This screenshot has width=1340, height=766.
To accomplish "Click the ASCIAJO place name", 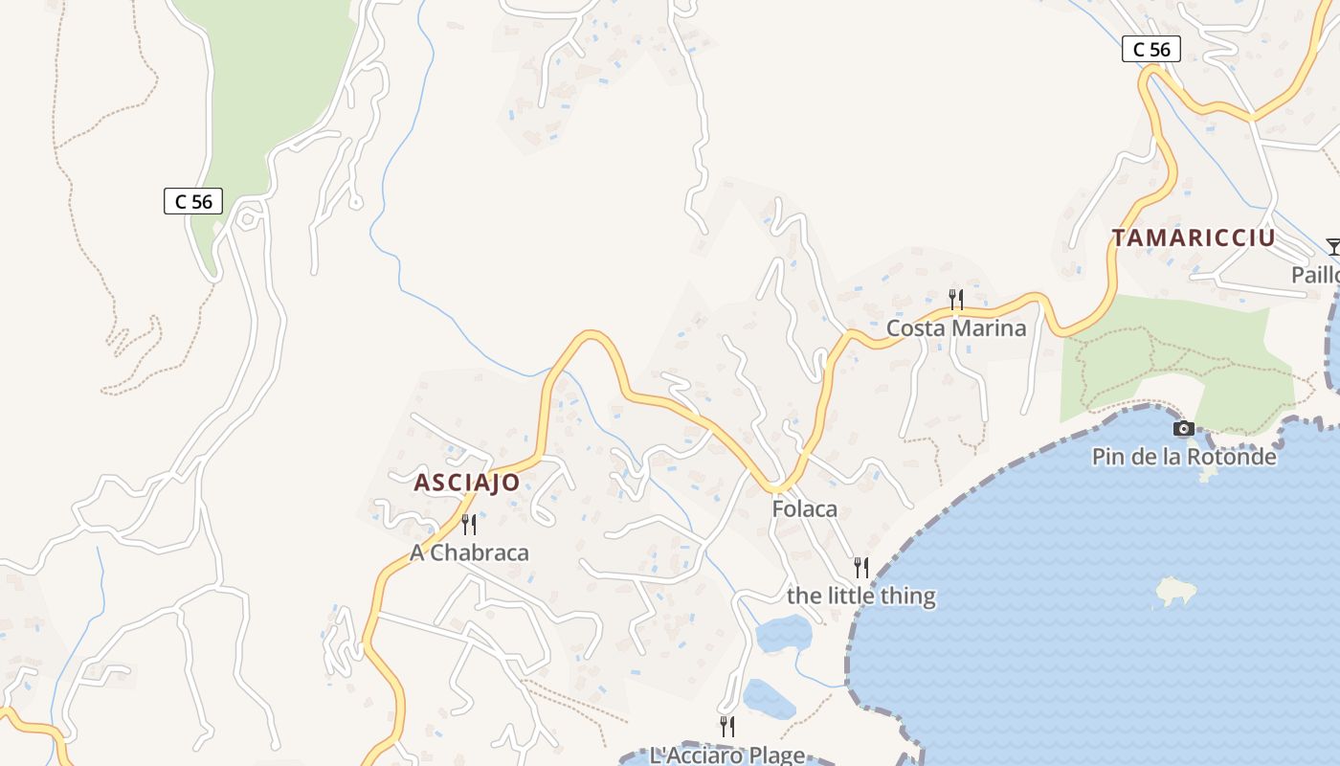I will click(x=467, y=483).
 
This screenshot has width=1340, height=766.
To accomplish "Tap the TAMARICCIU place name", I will click(x=1194, y=238).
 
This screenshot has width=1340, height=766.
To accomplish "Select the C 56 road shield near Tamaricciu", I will click(x=1150, y=49).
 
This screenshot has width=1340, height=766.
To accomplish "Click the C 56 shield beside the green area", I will click(x=193, y=201).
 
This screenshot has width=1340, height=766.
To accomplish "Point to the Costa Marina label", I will click(x=955, y=328).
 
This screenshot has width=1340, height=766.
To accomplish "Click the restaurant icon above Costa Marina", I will click(x=955, y=300).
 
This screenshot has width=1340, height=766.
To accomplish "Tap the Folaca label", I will click(x=804, y=509).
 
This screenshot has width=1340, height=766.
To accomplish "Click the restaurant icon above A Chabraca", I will click(x=469, y=524).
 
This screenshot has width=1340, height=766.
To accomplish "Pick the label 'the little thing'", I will click(x=860, y=596).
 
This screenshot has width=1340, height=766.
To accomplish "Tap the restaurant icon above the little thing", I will click(x=860, y=567).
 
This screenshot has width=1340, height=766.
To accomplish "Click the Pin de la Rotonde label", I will click(x=1184, y=457).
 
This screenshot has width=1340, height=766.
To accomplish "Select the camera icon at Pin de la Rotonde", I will click(x=1184, y=428).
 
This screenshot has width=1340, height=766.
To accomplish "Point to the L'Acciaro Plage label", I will click(x=726, y=755).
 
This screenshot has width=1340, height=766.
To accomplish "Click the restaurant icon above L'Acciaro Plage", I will click(x=726, y=726).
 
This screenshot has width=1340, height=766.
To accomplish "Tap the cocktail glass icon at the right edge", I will click(x=1332, y=247).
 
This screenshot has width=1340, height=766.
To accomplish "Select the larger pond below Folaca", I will click(x=784, y=634).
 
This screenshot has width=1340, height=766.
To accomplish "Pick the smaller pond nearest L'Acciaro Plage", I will click(x=769, y=700).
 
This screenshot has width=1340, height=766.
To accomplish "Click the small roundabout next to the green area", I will click(x=248, y=219).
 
